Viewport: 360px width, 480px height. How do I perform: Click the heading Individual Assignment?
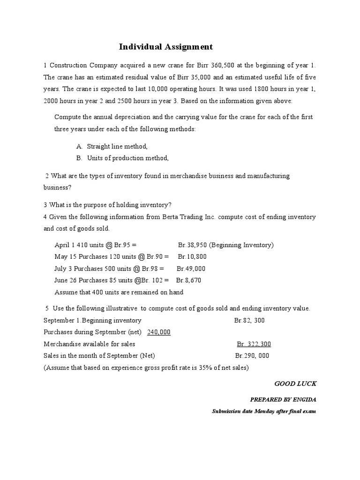click(165, 46)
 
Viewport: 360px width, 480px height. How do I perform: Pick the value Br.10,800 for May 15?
click(192, 256)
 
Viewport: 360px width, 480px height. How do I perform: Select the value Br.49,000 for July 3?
click(191, 269)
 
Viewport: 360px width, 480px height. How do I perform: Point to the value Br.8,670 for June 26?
click(188, 280)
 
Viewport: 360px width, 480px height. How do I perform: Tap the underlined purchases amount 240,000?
click(159, 332)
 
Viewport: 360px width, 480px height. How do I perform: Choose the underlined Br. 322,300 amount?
click(254, 344)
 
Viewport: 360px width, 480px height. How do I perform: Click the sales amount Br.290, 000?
click(252, 355)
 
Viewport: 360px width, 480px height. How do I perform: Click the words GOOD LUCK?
click(295, 383)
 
